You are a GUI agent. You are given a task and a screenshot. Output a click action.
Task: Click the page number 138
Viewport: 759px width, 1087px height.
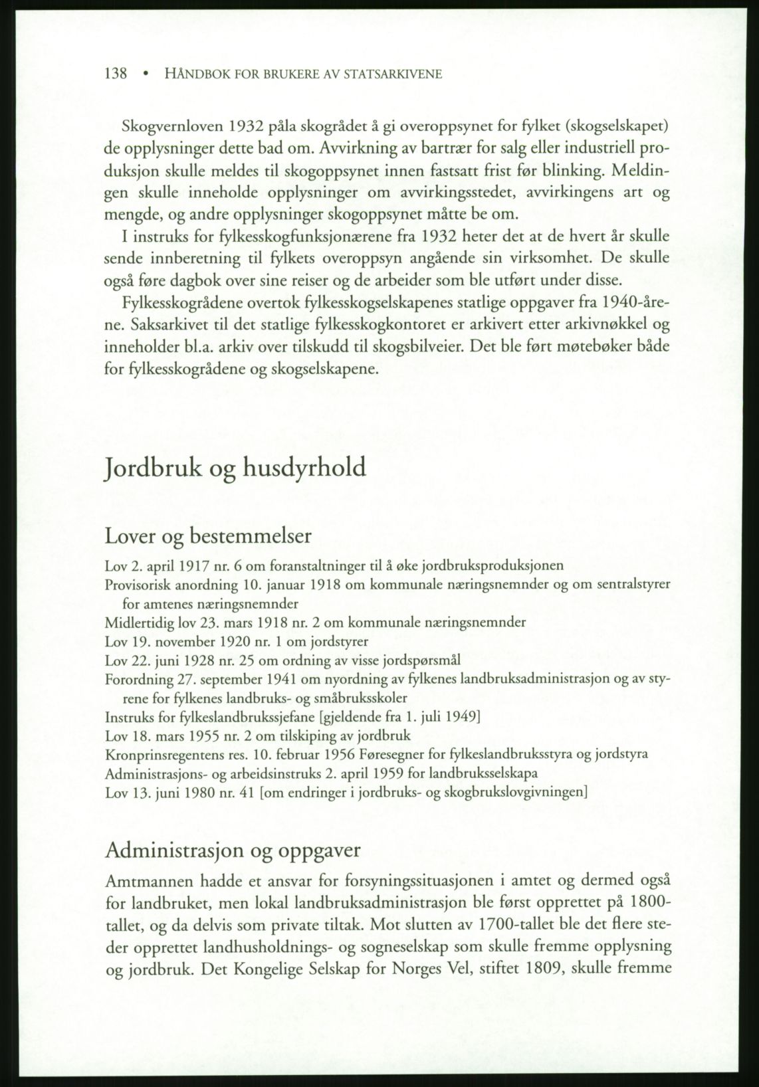click(116, 74)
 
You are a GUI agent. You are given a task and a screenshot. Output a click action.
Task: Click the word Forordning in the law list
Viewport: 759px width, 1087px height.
click(136, 680)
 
